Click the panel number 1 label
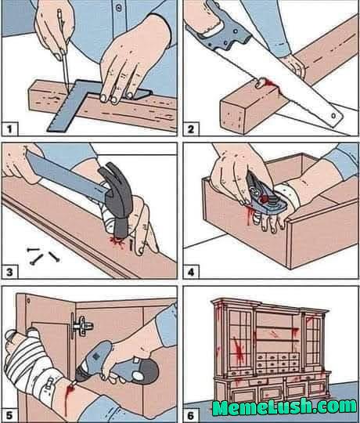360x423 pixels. click(9, 128)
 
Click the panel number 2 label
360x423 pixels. click(192, 128)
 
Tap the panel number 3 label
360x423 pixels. click(9, 272)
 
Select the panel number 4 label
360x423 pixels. click(192, 272)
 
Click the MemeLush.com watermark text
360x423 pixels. click(284, 407)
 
